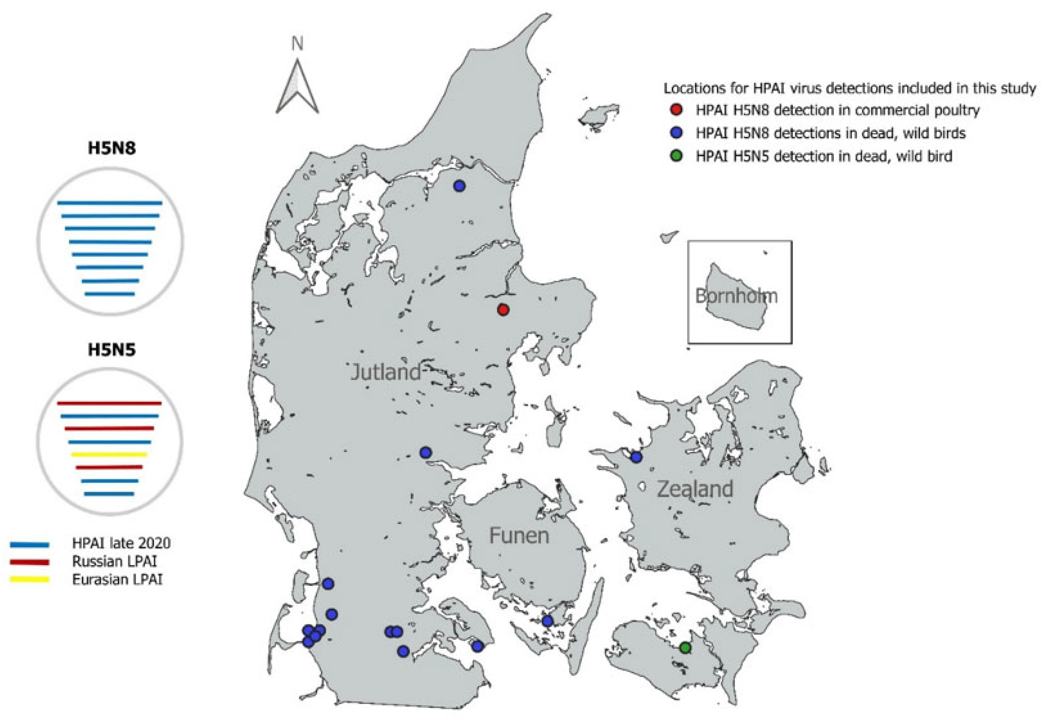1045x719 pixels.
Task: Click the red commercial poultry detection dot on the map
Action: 503,310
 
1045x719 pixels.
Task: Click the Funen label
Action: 519,536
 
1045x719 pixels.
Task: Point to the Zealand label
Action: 695,489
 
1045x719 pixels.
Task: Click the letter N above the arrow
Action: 297,44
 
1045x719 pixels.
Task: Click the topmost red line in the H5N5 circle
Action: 110,403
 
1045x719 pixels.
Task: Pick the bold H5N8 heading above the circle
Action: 111,148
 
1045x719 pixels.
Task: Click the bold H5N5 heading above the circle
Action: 111,350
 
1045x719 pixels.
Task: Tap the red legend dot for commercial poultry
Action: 677,110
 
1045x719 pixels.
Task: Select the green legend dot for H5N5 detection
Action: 677,156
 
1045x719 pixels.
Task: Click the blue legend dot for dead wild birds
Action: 677,133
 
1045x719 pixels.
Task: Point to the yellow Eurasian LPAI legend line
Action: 30,580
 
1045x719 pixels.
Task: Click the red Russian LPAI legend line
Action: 30,562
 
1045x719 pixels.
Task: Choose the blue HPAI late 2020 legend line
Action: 30,545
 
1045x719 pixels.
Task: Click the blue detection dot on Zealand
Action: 636,457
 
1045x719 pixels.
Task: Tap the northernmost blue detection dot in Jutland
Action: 459,186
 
